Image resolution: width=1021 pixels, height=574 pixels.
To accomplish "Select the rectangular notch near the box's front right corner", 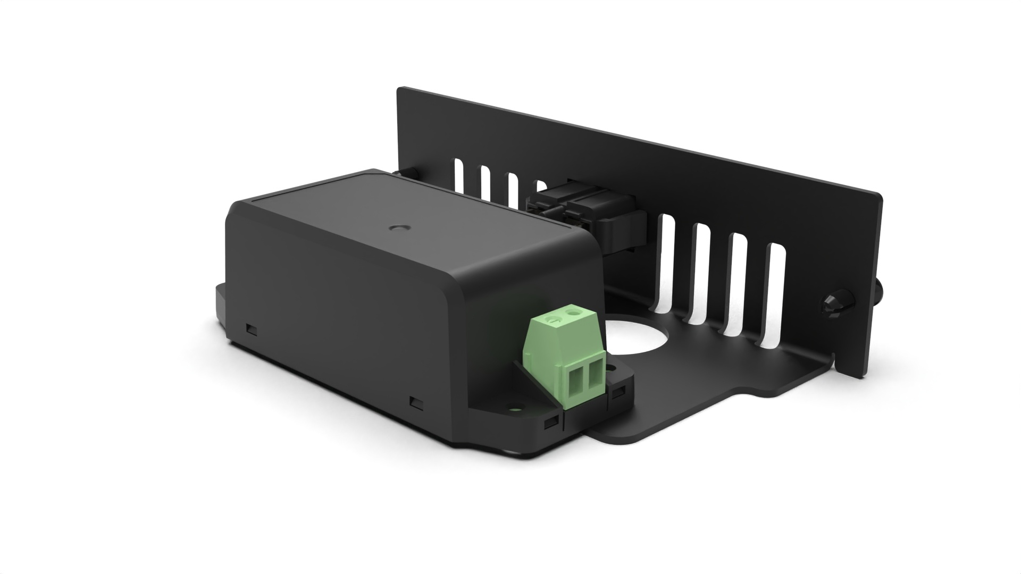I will (416, 402).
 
